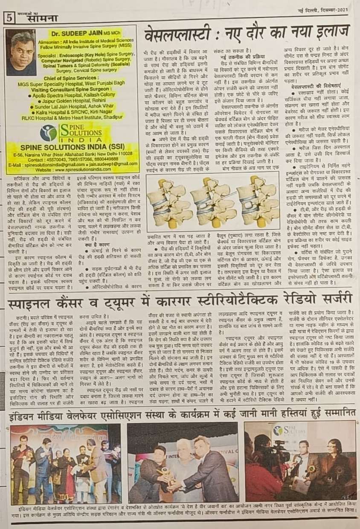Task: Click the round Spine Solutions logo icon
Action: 49,133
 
